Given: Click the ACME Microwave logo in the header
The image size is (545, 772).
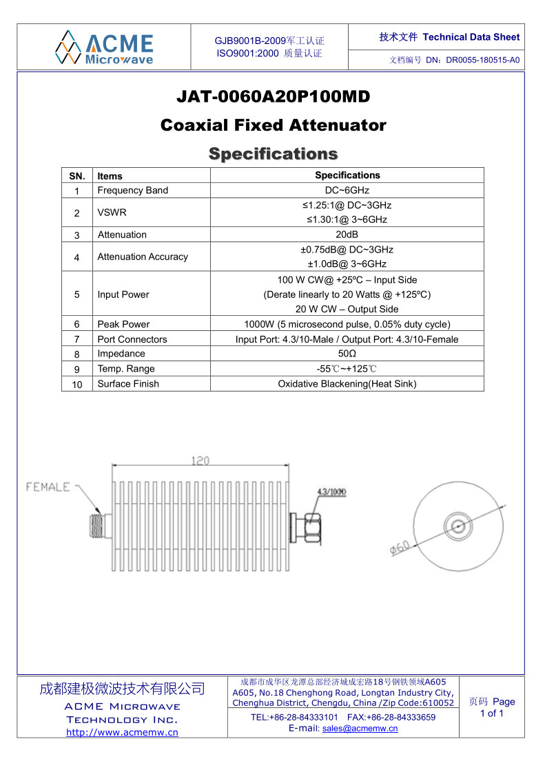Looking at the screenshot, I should click(x=104, y=47).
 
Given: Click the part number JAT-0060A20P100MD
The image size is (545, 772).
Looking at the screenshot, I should click(x=273, y=97).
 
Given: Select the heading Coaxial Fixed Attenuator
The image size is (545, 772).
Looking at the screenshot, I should click(x=273, y=125).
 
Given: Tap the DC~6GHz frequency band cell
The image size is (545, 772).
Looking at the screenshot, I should click(x=347, y=191).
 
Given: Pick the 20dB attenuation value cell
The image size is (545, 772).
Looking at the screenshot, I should click(x=347, y=235).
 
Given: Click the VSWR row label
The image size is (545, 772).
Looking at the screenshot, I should click(x=112, y=213).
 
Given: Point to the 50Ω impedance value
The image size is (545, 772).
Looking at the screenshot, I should click(x=347, y=354).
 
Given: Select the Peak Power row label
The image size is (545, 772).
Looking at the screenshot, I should click(x=123, y=324).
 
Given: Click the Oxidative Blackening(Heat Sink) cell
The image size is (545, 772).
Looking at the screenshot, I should click(x=347, y=384).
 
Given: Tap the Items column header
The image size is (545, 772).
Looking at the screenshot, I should click(x=110, y=176).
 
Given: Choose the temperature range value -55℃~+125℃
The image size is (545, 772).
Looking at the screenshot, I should click(x=347, y=369).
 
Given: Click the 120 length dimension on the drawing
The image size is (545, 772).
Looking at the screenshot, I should click(x=200, y=460).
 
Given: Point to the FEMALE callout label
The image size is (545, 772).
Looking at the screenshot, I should click(x=48, y=487).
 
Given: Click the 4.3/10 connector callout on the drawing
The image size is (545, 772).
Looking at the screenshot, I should click(x=331, y=492).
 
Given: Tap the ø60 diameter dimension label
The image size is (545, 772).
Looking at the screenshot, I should click(x=400, y=548).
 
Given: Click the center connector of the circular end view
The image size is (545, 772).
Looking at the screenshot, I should click(x=457, y=526).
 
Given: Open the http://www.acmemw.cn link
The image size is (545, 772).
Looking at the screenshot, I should click(x=122, y=732).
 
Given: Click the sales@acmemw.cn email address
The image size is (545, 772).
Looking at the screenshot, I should click(x=360, y=729).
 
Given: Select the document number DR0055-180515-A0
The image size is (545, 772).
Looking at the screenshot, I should click(x=482, y=60).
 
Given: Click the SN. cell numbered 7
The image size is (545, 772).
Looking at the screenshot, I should click(x=77, y=339).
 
